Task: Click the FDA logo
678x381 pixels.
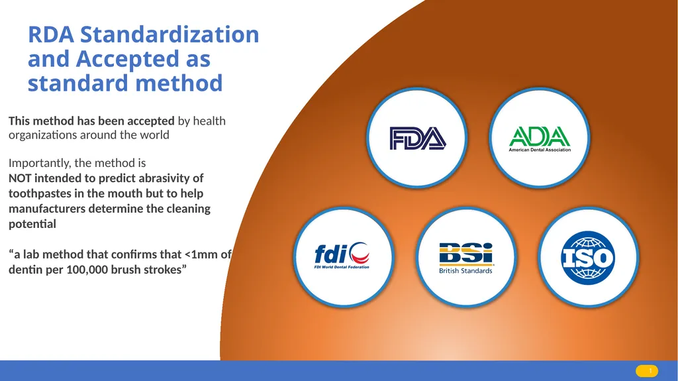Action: click(x=417, y=138)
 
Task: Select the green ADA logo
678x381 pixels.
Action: click(x=540, y=139)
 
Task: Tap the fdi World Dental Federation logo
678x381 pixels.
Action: click(x=342, y=256)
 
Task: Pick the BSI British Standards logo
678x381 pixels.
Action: click(x=465, y=258)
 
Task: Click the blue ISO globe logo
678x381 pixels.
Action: click(x=588, y=258)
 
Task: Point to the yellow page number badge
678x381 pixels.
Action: click(x=647, y=371)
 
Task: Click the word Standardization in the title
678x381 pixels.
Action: click(x=169, y=34)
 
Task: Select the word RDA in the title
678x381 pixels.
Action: click(x=51, y=34)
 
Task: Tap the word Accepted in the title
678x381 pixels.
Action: click(x=128, y=59)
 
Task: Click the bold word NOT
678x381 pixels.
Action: click(x=20, y=178)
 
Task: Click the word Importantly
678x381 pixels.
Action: click(x=39, y=163)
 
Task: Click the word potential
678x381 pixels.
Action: click(x=32, y=224)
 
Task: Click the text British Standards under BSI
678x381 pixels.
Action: click(x=465, y=270)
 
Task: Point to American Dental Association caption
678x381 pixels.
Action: click(x=540, y=150)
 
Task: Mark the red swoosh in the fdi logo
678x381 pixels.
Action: click(x=360, y=258)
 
